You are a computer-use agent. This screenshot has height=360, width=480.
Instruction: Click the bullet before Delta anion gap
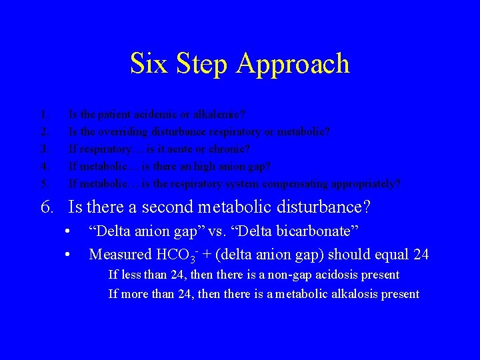68,231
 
